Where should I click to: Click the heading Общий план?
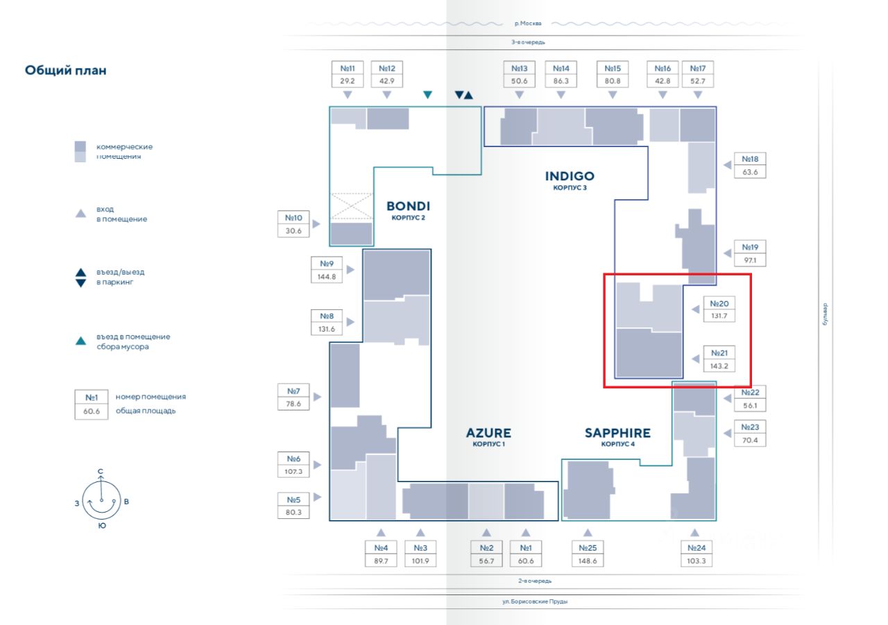tap(66, 70)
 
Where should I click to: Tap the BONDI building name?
tap(408, 206)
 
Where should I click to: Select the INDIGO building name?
tap(570, 175)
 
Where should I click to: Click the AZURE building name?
tap(488, 433)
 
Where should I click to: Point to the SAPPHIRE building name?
tap(617, 433)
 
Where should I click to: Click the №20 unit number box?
tap(719, 304)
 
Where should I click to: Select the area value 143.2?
tap(719, 366)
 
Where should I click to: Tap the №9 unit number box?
tap(327, 264)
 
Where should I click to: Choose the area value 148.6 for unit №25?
tap(588, 560)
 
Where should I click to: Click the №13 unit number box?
tap(520, 69)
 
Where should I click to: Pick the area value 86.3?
tap(561, 81)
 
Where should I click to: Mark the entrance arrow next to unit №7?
tap(317, 397)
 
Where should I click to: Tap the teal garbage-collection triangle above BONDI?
tap(428, 94)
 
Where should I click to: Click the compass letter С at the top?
tap(101, 472)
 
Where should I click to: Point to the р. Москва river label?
tap(528, 24)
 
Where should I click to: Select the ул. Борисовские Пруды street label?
tap(535, 601)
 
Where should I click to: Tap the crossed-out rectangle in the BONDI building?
tap(351, 206)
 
